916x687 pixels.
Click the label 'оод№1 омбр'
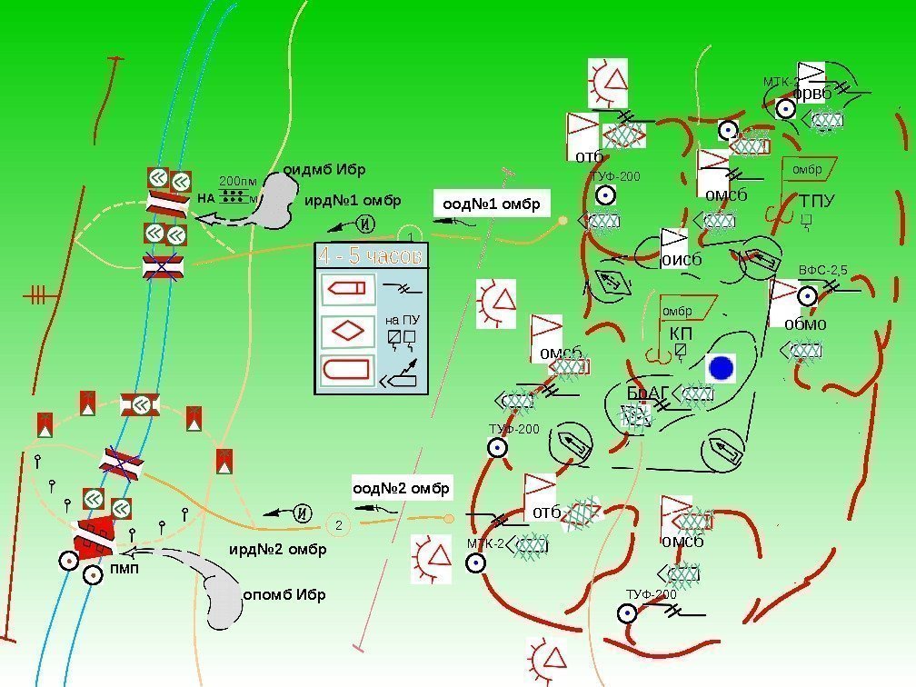pos(492,204)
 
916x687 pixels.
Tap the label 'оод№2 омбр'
pos(402,489)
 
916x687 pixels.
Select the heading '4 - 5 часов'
pos(370,256)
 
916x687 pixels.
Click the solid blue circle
pos(721,368)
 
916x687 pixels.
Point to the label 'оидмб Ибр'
pos(324,169)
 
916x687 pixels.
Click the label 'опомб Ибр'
pos(284,595)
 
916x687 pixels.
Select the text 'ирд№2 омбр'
pos(277,550)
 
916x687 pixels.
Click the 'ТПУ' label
pos(817,200)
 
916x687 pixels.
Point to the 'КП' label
pos(681,334)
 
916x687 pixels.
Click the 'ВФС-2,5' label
pos(823,271)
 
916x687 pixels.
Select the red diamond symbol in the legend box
pos(347,330)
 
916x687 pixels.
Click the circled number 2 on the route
pos(337,525)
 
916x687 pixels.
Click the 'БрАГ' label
pos(648,393)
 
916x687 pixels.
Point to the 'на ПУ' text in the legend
pos(402,320)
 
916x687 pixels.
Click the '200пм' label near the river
pos(238,181)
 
